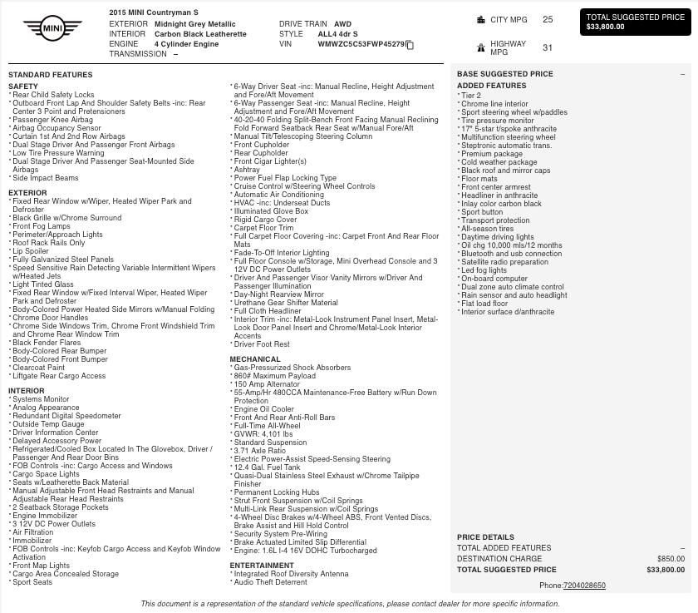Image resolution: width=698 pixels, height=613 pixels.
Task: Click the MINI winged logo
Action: click(x=52, y=29)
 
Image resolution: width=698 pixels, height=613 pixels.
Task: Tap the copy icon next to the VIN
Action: click(x=410, y=45)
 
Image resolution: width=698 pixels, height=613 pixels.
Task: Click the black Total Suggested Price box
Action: click(x=635, y=22)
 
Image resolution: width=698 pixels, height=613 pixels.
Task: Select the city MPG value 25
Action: click(x=548, y=19)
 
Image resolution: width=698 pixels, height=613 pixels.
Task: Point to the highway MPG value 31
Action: click(x=548, y=47)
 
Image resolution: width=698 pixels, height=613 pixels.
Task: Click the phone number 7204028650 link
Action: click(x=584, y=586)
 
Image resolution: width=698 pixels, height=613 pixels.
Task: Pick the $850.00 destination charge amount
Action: click(x=671, y=559)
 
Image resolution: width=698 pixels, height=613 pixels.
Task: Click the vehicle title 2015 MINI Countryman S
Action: click(x=154, y=13)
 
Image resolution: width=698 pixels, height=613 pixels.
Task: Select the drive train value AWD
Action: click(x=342, y=25)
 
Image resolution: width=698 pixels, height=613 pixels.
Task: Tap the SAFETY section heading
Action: click(x=23, y=87)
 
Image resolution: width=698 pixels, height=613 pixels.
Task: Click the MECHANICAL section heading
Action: click(x=255, y=359)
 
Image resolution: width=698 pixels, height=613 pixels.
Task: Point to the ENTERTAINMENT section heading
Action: click(x=262, y=566)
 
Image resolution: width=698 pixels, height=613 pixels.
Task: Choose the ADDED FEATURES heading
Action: click(x=491, y=86)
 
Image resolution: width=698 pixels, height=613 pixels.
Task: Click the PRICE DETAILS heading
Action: click(x=485, y=537)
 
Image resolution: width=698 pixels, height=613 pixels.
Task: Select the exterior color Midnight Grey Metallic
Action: click(x=195, y=25)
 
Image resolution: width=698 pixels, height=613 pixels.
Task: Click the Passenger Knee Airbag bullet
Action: click(x=52, y=120)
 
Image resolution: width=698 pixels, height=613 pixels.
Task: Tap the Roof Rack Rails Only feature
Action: click(x=48, y=243)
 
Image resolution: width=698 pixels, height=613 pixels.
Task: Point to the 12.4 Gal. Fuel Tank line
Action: click(x=267, y=467)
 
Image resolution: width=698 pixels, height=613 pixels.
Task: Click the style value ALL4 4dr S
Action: click(x=337, y=35)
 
